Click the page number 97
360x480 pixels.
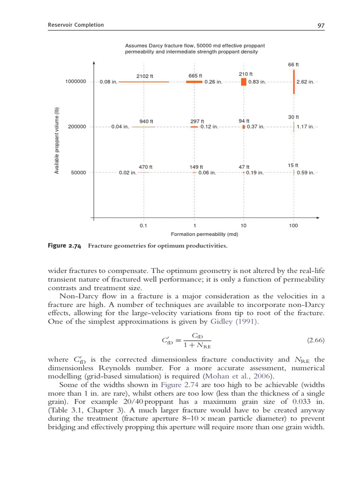click(x=321, y=26)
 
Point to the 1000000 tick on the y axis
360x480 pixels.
click(x=75, y=82)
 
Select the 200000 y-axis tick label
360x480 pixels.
click(x=77, y=127)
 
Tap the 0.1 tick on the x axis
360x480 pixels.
click(x=143, y=225)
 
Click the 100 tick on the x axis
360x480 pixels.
click(x=293, y=225)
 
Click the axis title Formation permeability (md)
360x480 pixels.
click(x=201, y=234)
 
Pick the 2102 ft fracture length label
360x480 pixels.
click(x=145, y=76)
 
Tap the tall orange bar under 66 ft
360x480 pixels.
click(x=294, y=82)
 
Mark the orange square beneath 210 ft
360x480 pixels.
click(x=243, y=82)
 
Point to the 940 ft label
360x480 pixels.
click(x=147, y=121)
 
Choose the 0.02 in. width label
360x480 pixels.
click(x=127, y=172)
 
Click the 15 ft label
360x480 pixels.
click(x=293, y=165)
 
